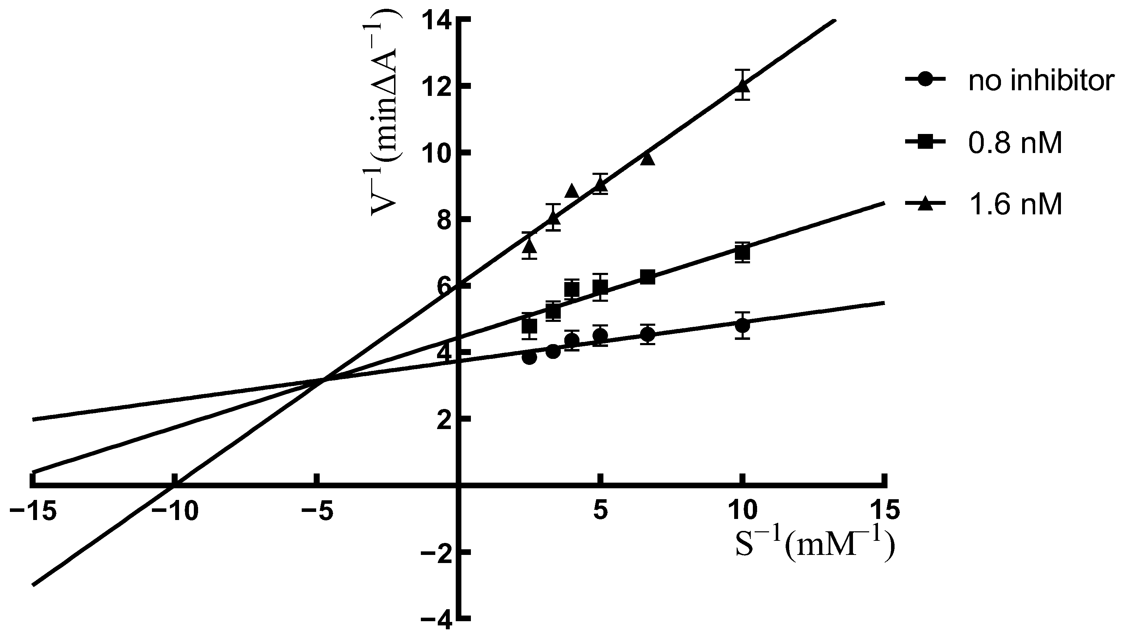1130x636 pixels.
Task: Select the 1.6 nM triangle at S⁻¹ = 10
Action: click(x=742, y=85)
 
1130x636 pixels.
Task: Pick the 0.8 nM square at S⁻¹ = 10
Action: click(x=742, y=253)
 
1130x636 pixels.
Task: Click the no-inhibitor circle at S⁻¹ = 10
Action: click(x=742, y=326)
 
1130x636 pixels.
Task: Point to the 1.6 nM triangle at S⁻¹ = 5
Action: click(x=601, y=185)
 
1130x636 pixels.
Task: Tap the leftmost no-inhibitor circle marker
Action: click(x=529, y=357)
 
